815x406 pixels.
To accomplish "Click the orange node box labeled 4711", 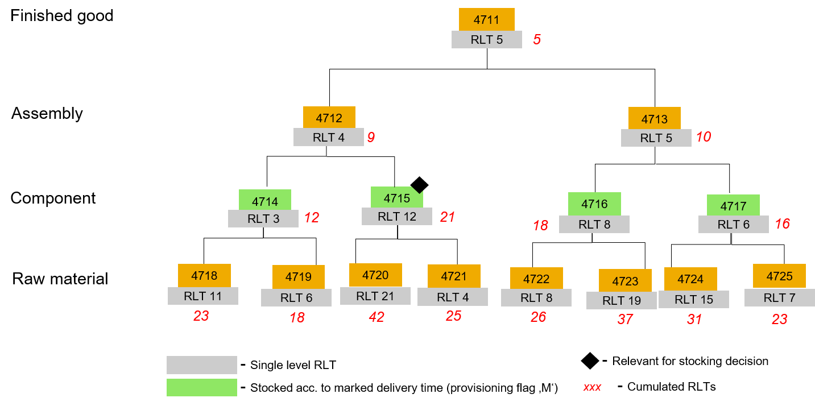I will click(x=486, y=20).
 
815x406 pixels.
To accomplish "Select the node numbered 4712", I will click(x=329, y=118).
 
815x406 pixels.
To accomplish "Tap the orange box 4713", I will click(x=654, y=119).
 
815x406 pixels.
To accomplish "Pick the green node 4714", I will click(x=264, y=201).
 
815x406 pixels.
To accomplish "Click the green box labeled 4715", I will click(x=396, y=198).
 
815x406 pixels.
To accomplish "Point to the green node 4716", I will click(x=594, y=204).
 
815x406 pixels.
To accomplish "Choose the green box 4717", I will click(x=733, y=205).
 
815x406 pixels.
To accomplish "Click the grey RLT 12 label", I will click(x=396, y=217).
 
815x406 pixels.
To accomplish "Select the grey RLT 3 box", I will click(x=263, y=219).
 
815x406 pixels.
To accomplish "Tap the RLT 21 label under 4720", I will click(x=375, y=296).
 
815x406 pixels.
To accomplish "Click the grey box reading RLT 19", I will click(x=621, y=300).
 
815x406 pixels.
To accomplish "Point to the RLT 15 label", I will click(x=693, y=300).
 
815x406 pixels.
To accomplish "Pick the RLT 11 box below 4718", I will click(x=202, y=296).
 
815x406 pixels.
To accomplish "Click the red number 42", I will click(x=376, y=317).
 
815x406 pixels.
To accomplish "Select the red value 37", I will click(x=625, y=320).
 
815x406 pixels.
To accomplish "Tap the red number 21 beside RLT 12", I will click(x=447, y=217).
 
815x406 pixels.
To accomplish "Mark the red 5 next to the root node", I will click(x=536, y=40).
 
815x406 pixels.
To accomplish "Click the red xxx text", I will click(x=592, y=387).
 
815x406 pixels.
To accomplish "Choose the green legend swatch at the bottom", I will click(x=201, y=387).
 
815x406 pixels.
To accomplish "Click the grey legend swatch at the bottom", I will click(x=201, y=365).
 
